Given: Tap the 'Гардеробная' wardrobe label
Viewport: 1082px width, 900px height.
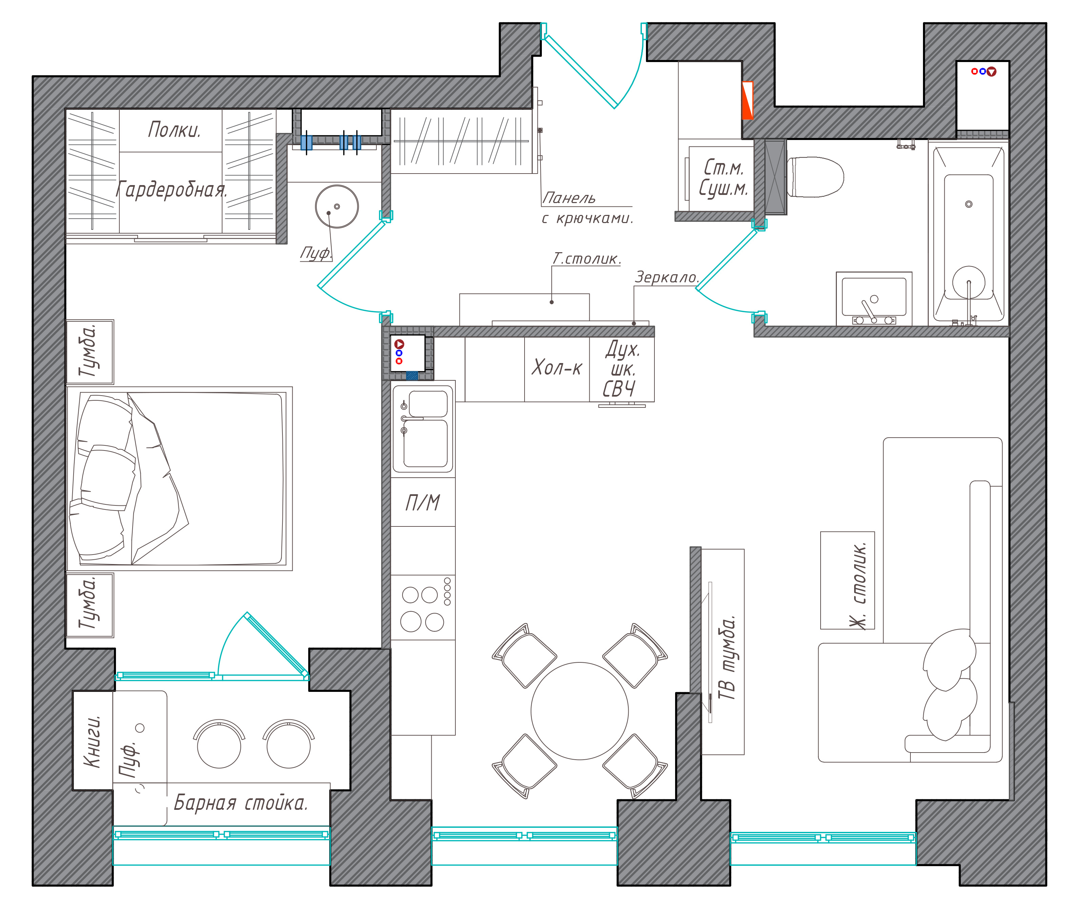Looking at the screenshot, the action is coord(171,189).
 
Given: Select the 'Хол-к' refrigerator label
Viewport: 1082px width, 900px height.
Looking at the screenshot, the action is coord(556,367).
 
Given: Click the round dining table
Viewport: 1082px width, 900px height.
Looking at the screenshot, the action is coord(579,711).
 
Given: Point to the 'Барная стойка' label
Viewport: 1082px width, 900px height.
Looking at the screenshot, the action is coord(241,803).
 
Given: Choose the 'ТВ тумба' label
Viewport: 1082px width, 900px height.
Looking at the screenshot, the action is coord(727,658).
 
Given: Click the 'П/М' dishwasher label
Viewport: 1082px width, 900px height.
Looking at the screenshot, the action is coord(422,502).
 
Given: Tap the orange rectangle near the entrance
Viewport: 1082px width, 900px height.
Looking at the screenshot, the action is coord(747,100).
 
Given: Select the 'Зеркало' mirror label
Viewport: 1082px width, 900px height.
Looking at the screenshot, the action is coord(667,277).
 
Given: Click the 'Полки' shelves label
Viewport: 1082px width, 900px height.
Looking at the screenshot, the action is coord(174,129).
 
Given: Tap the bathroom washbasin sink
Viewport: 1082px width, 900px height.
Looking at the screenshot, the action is coord(874,298).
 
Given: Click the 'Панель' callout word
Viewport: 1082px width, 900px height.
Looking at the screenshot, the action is coord(569,198).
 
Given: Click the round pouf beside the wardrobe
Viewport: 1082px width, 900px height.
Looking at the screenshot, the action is coord(337,206).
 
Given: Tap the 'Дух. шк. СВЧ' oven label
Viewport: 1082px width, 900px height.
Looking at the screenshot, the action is coord(621,369).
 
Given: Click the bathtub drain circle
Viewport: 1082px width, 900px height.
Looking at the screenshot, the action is coord(969,204).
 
